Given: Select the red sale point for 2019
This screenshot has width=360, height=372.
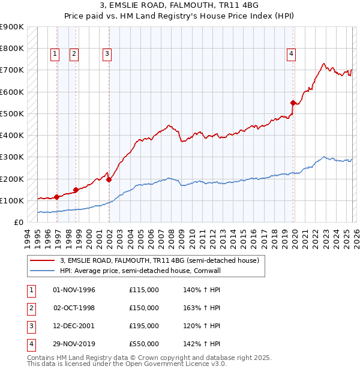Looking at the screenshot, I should [293, 103].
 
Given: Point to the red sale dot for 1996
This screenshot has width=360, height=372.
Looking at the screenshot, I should [57, 197].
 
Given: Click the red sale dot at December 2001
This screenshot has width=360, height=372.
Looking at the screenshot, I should [109, 179].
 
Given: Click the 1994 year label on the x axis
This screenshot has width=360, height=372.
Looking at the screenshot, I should [28, 238].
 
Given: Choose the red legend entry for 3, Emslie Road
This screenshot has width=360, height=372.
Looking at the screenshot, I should [159, 260].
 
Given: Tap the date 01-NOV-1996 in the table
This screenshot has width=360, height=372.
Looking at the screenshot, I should [74, 290].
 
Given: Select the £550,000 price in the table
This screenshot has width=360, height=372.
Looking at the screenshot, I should [144, 344].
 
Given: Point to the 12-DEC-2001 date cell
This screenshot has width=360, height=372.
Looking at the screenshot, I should [74, 326].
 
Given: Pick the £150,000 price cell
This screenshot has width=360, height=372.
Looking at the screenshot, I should [144, 308].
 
